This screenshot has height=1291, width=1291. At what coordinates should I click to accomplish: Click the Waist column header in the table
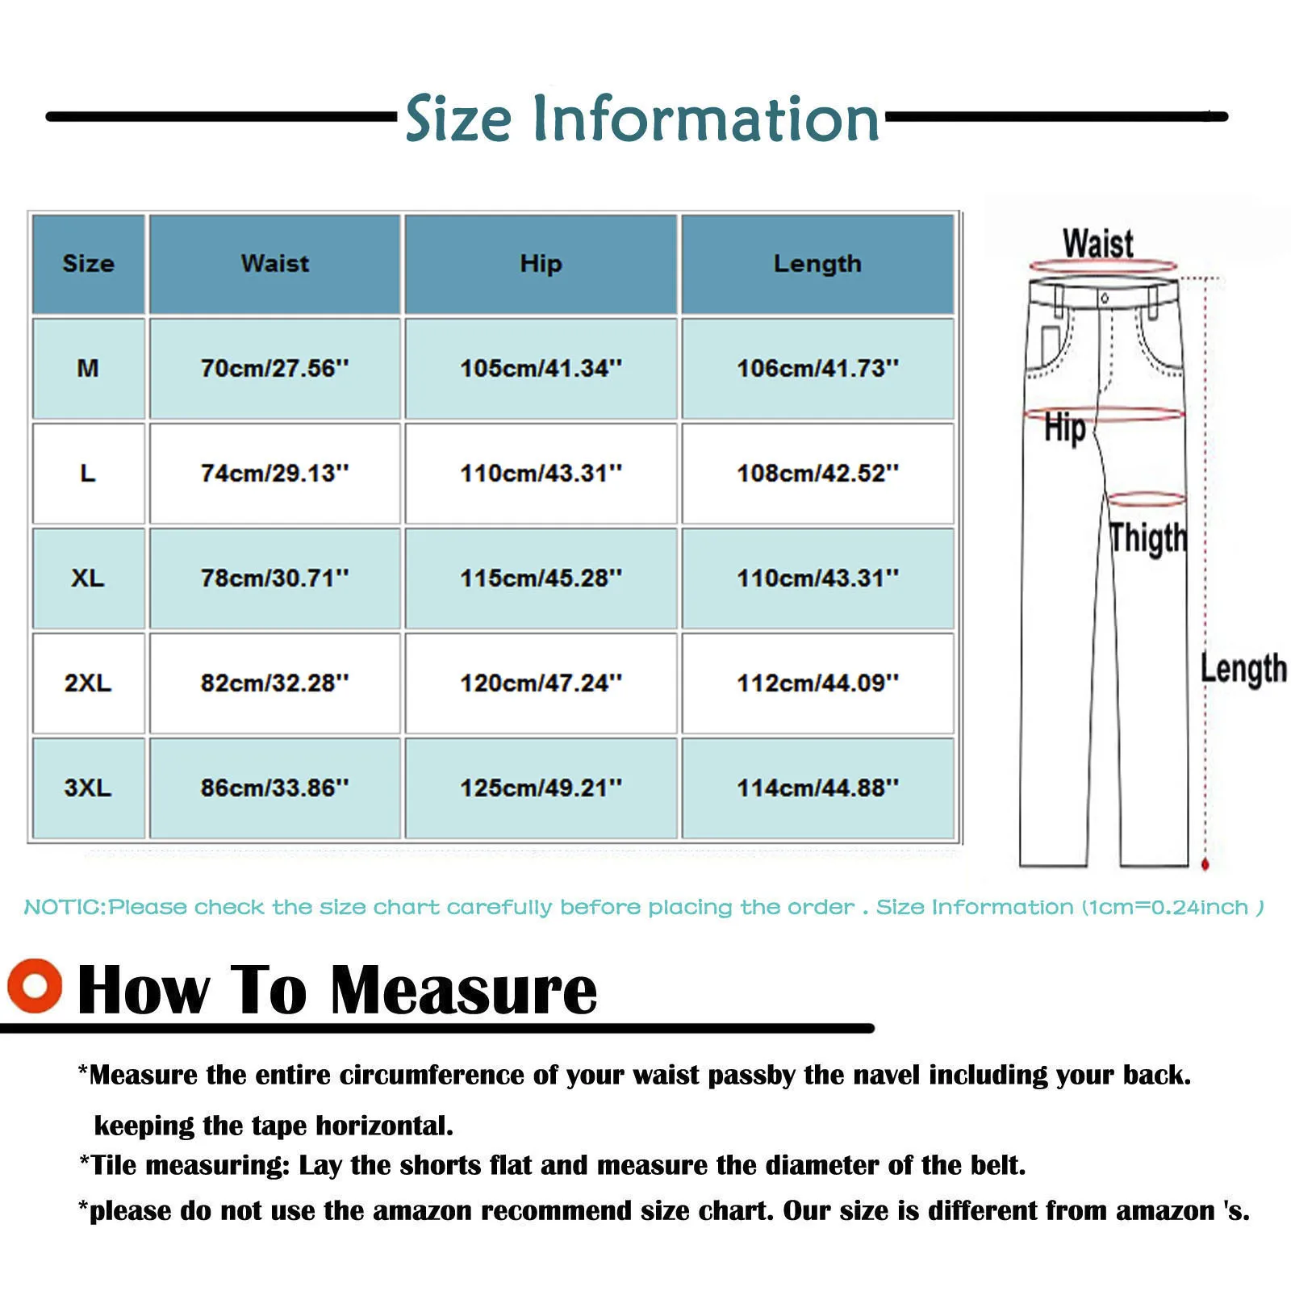(x=274, y=264)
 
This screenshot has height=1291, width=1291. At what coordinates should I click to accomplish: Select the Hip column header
(x=541, y=264)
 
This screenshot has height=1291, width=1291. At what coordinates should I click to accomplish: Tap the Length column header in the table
(x=817, y=264)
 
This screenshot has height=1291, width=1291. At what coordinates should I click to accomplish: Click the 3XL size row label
(x=88, y=788)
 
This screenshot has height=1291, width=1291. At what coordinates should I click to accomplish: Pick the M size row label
(x=88, y=369)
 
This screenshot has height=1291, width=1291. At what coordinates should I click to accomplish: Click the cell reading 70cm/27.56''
(x=274, y=369)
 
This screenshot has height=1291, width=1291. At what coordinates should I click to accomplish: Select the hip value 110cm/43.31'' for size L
(x=541, y=474)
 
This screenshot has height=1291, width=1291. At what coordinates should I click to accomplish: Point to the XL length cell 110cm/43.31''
(x=817, y=579)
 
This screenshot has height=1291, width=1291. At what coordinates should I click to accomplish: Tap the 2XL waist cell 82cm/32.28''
(x=274, y=683)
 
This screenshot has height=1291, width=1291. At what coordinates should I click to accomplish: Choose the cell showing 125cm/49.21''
(x=541, y=788)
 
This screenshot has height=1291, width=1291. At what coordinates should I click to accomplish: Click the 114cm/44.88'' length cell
(x=817, y=788)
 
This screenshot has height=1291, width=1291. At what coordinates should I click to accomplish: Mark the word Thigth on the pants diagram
(x=1147, y=538)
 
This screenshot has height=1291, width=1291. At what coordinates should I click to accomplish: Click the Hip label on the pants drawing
(x=1064, y=428)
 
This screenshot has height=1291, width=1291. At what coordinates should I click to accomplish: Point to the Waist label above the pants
(x=1097, y=243)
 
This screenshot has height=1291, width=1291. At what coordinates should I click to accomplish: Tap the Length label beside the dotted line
(x=1243, y=669)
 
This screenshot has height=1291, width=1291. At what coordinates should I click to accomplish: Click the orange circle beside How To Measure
(x=35, y=985)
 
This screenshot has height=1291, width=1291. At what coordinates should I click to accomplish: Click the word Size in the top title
(x=457, y=119)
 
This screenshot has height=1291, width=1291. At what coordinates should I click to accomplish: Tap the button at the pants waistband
(x=1105, y=299)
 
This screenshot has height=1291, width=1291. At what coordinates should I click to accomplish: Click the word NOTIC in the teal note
(x=64, y=908)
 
